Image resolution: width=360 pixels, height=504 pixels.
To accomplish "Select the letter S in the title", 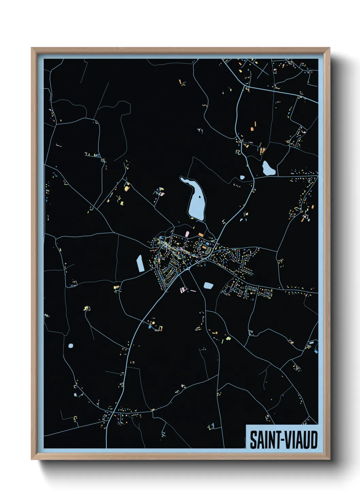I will [253, 440].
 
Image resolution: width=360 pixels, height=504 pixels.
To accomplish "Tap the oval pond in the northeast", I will [268, 168].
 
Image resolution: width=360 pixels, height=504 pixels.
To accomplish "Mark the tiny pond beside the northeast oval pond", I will [242, 177].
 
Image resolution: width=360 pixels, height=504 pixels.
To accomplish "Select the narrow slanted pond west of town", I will [140, 263].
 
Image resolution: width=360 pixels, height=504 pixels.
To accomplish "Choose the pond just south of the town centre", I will [208, 285].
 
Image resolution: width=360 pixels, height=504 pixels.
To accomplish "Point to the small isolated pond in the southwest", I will [70, 346].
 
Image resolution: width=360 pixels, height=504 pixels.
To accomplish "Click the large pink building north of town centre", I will [187, 234].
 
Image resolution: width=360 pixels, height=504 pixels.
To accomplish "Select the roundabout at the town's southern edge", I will [188, 269].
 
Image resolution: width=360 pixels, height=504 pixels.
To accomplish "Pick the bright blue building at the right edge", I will [316, 351].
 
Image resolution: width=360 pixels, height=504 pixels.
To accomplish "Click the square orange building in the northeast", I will [252, 129].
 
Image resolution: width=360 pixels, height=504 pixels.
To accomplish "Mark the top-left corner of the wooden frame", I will [32, 48].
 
